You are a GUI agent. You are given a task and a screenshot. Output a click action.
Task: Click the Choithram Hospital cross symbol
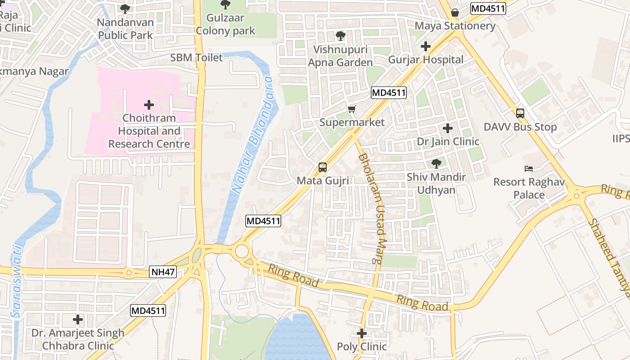(x=149, y=105)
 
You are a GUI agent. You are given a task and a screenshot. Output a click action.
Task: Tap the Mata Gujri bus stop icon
(x=322, y=167)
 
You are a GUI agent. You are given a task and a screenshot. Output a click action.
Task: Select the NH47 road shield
(x=162, y=272)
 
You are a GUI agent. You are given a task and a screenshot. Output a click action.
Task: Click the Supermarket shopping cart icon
(x=352, y=109)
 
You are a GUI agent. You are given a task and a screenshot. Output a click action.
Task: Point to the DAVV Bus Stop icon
(x=520, y=113)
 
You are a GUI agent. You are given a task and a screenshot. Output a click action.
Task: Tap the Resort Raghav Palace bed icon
(x=529, y=169)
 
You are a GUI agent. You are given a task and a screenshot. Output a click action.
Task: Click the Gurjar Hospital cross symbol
(x=426, y=46)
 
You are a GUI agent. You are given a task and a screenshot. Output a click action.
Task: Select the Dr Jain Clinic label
(x=448, y=142)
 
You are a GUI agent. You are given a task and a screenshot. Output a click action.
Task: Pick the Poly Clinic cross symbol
(x=362, y=333)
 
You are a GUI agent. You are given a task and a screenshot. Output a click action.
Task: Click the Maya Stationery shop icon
(x=455, y=13)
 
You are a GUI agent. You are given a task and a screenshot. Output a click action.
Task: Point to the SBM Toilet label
(x=196, y=58)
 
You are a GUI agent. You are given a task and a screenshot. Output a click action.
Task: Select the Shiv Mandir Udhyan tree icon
(x=436, y=164)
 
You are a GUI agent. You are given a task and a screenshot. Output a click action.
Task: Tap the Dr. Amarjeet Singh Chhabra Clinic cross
(x=78, y=320)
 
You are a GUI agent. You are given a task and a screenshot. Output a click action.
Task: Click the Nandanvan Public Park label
(x=125, y=29)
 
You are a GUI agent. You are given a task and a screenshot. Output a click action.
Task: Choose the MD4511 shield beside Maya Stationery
(x=488, y=9)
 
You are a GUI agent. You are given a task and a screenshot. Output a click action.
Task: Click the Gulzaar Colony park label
(x=225, y=25)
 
